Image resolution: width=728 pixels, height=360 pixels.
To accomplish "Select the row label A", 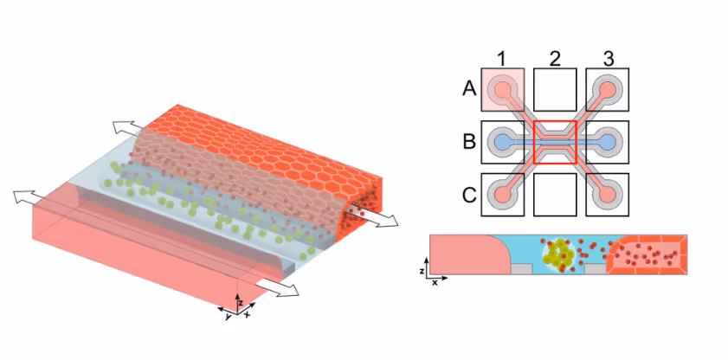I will point(469,88).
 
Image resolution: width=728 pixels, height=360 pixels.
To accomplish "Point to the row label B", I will point(469,141).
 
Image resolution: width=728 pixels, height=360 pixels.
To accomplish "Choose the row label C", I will point(469,194).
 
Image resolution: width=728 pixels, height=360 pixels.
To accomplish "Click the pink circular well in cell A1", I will point(502,88).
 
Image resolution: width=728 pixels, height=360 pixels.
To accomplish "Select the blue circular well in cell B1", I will point(502,141).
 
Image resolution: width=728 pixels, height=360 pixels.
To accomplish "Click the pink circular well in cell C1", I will point(502,194).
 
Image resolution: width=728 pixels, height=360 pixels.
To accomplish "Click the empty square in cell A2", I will point(554,88).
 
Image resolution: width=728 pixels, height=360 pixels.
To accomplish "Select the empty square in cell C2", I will point(554,195).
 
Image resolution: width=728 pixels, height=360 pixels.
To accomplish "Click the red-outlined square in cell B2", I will point(554,141).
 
